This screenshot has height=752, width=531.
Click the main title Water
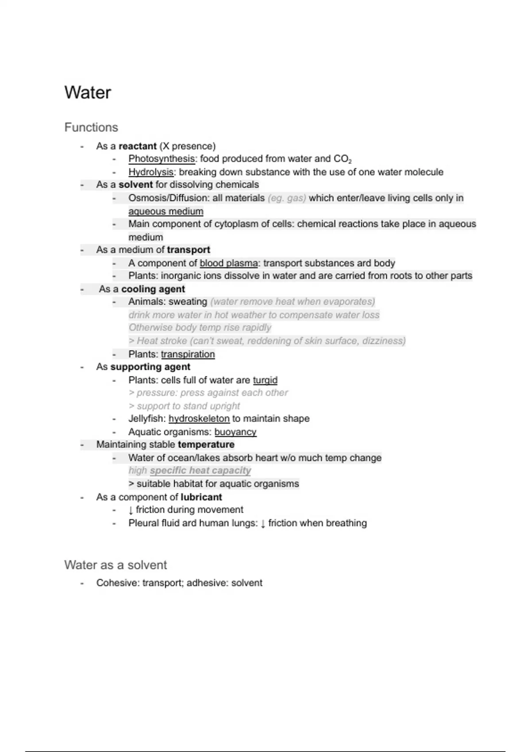[88, 93]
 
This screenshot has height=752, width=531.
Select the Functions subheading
[91, 127]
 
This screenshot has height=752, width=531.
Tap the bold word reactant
[137, 146]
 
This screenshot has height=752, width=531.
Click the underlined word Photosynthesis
[162, 159]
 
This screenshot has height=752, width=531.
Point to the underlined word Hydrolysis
[151, 172]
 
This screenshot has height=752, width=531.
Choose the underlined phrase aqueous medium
[166, 211]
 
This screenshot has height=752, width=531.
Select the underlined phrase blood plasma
[229, 263]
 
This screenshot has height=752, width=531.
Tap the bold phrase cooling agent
[153, 289]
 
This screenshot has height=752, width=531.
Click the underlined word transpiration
[188, 354]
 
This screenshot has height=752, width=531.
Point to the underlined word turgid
[265, 380]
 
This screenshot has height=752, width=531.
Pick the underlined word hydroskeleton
[199, 419]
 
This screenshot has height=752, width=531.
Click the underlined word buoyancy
[235, 432]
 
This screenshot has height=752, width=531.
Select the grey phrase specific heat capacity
[200, 471]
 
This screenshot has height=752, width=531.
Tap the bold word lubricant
[201, 497]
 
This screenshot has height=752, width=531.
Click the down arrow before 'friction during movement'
[131, 510]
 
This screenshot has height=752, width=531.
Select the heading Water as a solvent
[115, 565]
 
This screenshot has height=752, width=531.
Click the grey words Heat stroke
[162, 341]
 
